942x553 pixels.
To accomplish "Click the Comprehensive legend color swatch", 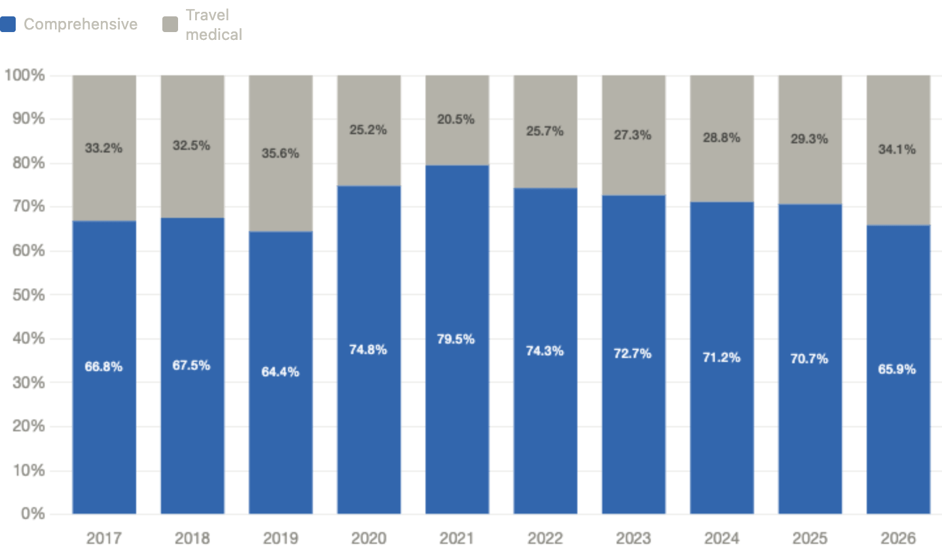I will [8, 25].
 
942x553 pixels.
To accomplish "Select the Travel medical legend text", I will [213, 25].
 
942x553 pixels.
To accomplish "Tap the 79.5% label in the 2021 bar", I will [456, 339].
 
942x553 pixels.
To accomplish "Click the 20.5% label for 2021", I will [456, 119].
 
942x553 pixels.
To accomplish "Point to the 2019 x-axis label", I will [280, 538].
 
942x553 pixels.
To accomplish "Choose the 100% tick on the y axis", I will [25, 75].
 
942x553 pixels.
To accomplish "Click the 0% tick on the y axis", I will [32, 514].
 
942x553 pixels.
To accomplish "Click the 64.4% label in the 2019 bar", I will [280, 372].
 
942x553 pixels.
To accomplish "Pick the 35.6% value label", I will [280, 153].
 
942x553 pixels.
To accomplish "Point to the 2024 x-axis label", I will [721, 538].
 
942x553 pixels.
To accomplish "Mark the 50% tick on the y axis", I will [28, 294].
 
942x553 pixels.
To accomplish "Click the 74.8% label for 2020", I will [368, 349].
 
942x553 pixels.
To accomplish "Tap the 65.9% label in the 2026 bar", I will [897, 369].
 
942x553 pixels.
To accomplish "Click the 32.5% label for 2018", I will [191, 145].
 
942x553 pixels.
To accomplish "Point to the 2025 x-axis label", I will [810, 538].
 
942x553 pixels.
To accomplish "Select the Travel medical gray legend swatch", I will [170, 25].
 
